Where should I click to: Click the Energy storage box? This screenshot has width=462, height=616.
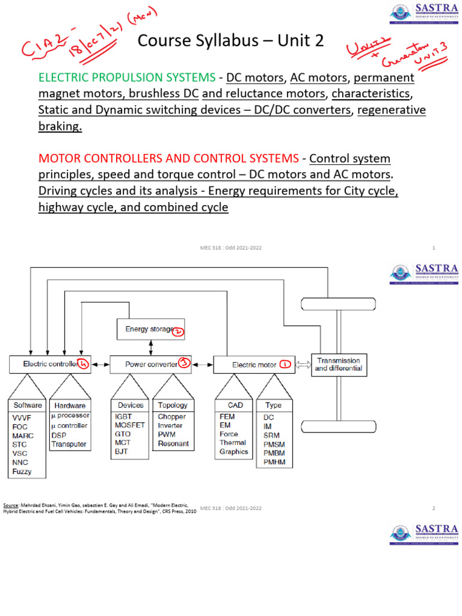(x=150, y=329)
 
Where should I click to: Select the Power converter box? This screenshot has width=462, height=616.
(x=150, y=364)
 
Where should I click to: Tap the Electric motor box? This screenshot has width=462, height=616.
(x=254, y=365)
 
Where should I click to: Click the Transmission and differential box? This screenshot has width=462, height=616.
(x=338, y=364)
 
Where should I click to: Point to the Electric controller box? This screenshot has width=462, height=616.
(x=50, y=364)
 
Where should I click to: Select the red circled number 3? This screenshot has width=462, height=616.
(x=183, y=363)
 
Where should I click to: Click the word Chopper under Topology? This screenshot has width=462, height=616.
(x=171, y=416)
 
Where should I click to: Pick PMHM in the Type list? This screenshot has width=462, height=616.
(x=274, y=463)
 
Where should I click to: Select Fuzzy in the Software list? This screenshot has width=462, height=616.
(x=22, y=472)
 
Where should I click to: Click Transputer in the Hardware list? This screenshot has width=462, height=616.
(x=69, y=444)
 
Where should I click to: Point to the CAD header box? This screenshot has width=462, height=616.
(x=235, y=405)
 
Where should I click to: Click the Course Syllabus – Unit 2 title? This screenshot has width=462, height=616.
(x=230, y=41)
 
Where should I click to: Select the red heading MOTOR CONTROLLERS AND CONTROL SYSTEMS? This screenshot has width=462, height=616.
(x=168, y=159)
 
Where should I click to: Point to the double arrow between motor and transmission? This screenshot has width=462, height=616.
(x=303, y=365)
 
